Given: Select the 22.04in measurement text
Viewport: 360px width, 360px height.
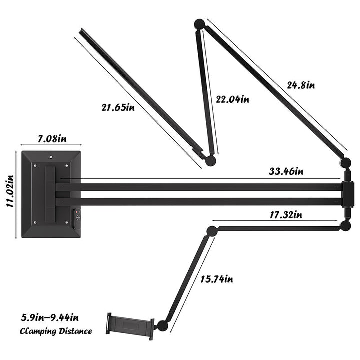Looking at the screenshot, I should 232,99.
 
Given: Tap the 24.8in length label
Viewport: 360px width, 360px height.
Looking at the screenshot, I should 300,84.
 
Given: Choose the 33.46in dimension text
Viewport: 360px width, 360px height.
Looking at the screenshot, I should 285,172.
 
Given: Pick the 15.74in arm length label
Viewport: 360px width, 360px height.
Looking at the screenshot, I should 217,278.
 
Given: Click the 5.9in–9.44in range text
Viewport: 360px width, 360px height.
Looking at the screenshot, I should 50,317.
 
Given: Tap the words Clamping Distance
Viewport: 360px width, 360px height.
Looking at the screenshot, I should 56,331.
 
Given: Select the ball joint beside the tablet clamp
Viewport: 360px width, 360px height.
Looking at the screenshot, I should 162,326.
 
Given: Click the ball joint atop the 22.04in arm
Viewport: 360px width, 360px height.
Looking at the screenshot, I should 199,23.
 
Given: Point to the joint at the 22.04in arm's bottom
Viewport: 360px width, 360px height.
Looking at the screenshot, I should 210,161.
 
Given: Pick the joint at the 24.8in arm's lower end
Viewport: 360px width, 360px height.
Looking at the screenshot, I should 345,162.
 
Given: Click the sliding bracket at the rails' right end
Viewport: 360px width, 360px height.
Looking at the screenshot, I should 347,193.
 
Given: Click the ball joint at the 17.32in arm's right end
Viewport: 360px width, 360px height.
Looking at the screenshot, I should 345,226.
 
